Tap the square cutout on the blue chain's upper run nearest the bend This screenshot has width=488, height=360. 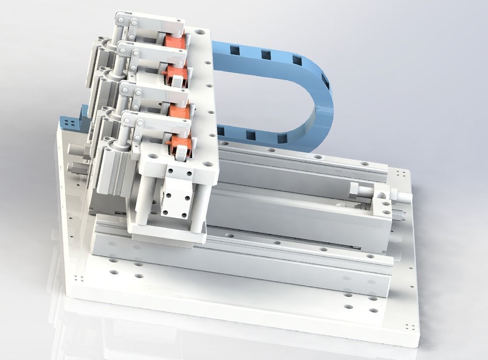tap(296, 60)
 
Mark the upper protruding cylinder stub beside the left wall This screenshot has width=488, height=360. tap(74, 152)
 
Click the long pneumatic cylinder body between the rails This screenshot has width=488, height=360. tap(284, 210)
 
